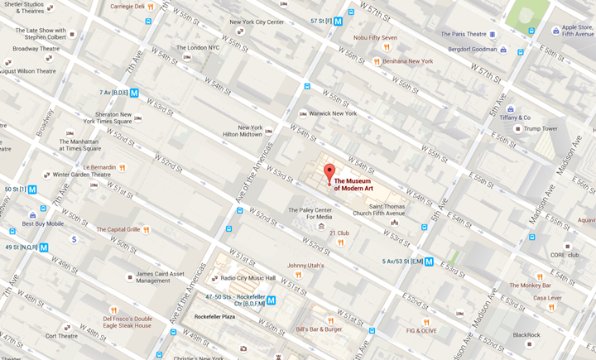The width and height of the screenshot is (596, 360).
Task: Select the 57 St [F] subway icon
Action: tap(338, 22)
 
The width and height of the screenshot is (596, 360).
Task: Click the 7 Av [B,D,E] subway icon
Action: tap(133, 93)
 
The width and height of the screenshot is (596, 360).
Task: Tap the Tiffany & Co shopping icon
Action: tap(510, 109)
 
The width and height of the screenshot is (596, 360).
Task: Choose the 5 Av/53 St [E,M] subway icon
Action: tap(429, 262)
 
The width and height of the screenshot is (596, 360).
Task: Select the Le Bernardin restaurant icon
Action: tap(122, 167)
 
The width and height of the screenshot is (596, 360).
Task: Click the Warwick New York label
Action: tap(333, 113)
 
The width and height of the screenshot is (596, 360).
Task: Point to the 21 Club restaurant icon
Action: tap(340, 242)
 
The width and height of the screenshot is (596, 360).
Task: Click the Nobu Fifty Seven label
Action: tap(375, 37)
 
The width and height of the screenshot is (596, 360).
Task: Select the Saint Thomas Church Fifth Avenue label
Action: tap(393, 211)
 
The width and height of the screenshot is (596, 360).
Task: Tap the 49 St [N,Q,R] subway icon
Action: tap(44, 247)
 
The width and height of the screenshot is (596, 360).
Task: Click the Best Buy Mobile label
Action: tap(42, 223)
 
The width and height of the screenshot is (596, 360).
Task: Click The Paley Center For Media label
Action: tap(309, 214)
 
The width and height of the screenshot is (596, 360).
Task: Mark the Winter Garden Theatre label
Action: tap(81, 175)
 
